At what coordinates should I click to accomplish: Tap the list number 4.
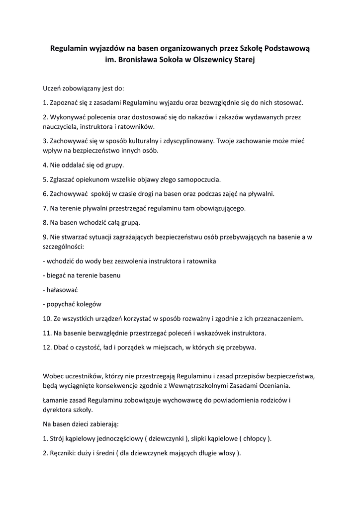click(45, 165)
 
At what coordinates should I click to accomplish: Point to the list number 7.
click(45, 208)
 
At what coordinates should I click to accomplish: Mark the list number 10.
click(47, 318)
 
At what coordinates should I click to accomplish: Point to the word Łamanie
click(56, 400)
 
